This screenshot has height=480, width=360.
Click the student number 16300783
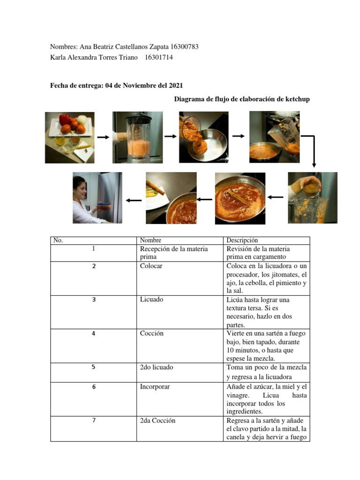pos(185,46)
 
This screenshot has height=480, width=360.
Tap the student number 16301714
pos(158,57)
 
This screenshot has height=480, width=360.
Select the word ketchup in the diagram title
pos(298,99)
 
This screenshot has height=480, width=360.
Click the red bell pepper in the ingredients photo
pos(65,119)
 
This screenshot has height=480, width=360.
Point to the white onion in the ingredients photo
pos(82,120)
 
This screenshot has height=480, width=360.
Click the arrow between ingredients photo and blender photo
pos(103,137)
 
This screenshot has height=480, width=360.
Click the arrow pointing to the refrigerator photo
pos(134,201)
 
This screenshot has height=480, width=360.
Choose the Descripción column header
pos(242,240)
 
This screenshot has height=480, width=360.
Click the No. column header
pos(58,240)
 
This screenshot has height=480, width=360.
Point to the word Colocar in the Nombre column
pos(151,266)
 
